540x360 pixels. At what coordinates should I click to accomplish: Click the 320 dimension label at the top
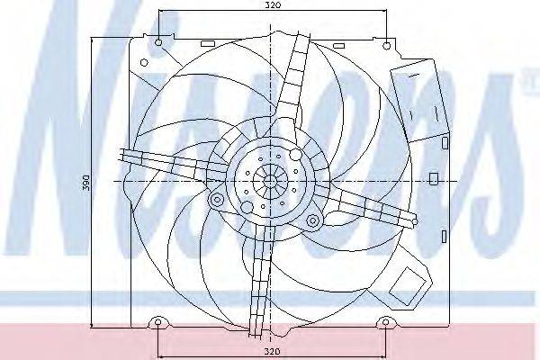coord(273,5)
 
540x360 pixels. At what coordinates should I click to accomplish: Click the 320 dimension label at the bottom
coord(273,352)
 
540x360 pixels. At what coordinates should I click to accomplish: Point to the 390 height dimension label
coord(86,183)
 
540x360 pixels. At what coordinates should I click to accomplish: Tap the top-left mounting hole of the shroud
coord(158,42)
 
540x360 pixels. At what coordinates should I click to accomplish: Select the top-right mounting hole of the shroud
coord(387,45)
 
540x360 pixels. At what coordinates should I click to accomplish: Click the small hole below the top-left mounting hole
coord(144,63)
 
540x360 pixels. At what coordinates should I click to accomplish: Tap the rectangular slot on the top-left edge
coord(207,44)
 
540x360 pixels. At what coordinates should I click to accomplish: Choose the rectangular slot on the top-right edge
coord(339,46)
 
